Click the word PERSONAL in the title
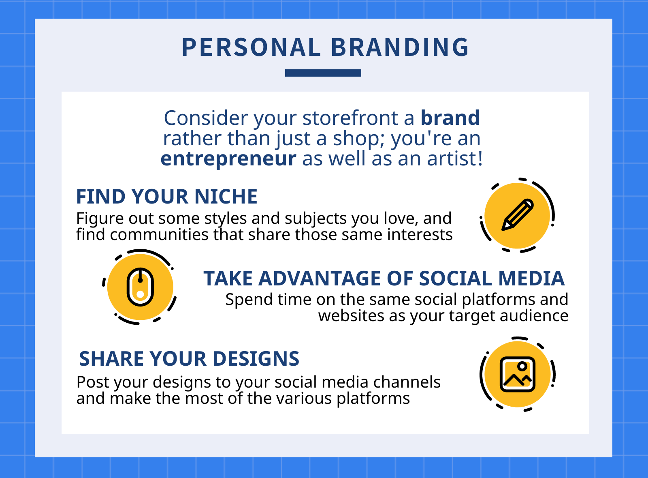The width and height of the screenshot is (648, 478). click(x=251, y=47)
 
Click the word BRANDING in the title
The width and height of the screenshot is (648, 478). click(x=399, y=47)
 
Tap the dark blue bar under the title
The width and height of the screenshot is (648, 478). click(x=323, y=73)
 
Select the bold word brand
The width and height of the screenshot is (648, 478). click(x=450, y=118)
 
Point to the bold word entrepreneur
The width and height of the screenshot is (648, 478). click(x=228, y=159)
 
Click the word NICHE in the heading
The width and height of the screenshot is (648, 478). click(x=226, y=197)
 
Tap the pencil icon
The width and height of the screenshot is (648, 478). click(x=518, y=215)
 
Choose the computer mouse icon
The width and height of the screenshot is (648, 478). click(x=140, y=287)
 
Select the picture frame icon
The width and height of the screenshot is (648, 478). click(x=518, y=374)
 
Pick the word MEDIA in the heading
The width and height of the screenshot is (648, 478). click(x=531, y=279)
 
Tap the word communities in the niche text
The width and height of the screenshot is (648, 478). click(x=159, y=234)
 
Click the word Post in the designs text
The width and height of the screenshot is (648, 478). click(x=93, y=382)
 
